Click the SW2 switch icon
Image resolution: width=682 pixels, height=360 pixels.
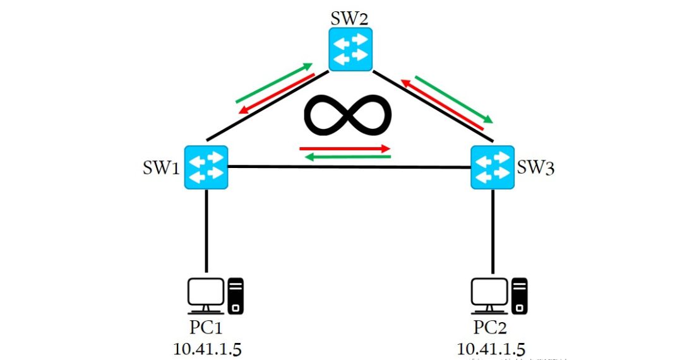pos(350,49)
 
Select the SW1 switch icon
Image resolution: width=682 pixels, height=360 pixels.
pos(206,167)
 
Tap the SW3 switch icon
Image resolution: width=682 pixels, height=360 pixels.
pos(493,167)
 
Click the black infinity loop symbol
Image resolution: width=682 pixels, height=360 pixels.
pos(348,116)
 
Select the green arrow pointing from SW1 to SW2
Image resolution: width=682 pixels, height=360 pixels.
pos(274,83)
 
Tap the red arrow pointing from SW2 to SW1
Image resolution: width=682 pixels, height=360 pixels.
pos(277,93)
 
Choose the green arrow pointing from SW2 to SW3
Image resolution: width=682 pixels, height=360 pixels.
pos(453,99)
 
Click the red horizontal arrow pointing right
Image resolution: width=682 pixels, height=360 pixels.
pos(345,149)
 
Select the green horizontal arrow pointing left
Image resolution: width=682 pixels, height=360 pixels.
pos(348,157)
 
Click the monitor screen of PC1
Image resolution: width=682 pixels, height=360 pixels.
pos(206,292)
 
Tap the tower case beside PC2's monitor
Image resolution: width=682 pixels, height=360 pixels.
pos(519,295)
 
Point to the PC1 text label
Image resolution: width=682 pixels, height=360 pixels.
pos(206,328)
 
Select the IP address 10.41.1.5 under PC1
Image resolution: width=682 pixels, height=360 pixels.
pos(206,348)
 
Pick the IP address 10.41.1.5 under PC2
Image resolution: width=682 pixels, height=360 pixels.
pos(491,348)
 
